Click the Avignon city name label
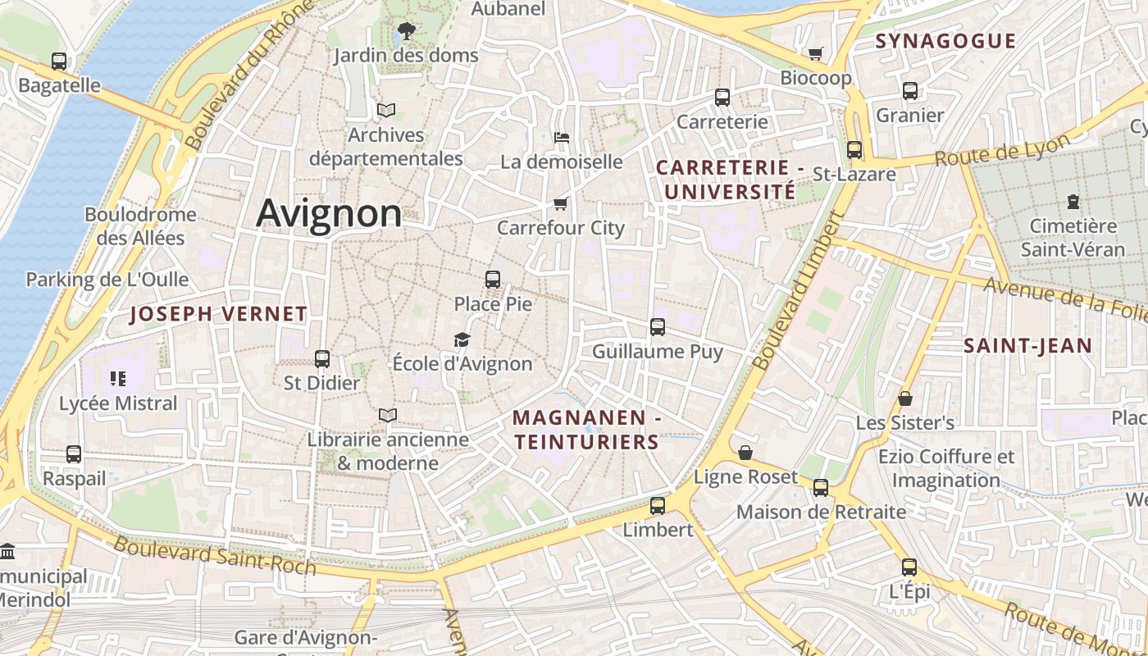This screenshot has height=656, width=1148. [x=329, y=213]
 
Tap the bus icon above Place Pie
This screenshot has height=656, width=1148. [x=493, y=280]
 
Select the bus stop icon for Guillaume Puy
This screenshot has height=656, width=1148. [x=658, y=327]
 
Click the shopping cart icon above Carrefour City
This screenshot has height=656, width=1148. [x=561, y=203]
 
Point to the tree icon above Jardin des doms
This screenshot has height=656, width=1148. [x=406, y=32]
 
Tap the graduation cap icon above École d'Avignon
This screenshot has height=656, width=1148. [x=462, y=339]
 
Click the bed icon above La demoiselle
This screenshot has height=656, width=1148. [x=562, y=137]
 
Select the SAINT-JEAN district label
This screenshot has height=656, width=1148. [x=1027, y=346]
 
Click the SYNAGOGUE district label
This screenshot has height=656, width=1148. [x=945, y=41]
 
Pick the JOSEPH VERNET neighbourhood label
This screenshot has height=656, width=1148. [x=219, y=313]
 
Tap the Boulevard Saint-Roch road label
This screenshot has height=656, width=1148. [x=215, y=555]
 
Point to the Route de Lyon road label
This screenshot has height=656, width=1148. [x=1002, y=150]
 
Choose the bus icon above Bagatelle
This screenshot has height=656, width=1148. [x=59, y=61]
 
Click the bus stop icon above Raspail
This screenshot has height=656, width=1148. [x=74, y=453]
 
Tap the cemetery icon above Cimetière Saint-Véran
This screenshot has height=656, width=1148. [x=1073, y=201]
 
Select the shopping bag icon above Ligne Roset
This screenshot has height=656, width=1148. [x=745, y=453]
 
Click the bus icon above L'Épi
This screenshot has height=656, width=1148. [x=909, y=567]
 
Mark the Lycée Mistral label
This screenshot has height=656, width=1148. [x=118, y=403]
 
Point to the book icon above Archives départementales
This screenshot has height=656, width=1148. [x=386, y=110]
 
